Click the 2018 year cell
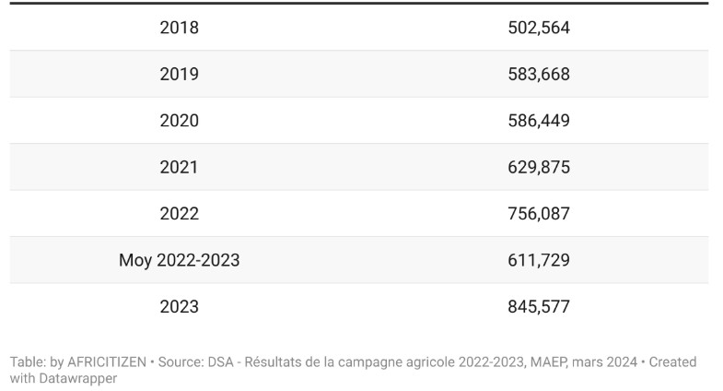coord(179,28)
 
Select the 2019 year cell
coord(179,74)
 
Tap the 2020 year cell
coord(179,121)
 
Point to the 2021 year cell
coord(179,167)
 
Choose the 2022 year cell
coord(179,214)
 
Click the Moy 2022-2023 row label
coord(179,260)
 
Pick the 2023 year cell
coord(179,307)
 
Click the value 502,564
coord(539,28)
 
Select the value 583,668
coord(539,74)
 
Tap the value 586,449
coord(539,121)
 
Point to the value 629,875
coord(539,167)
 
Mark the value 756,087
coord(539,214)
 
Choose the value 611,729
coord(539,260)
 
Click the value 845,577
coord(539,307)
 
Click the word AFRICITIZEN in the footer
coord(107,362)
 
